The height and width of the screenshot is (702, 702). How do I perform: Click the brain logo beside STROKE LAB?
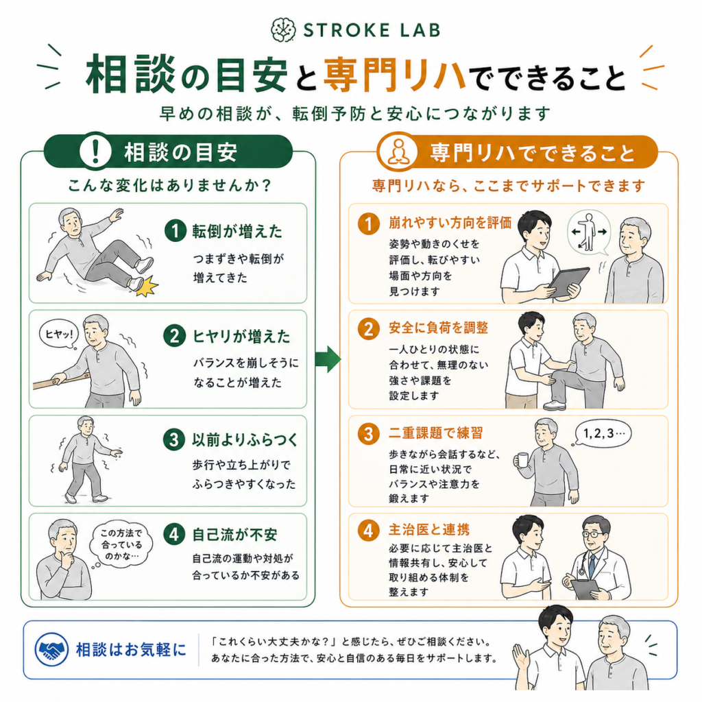coord(283,30)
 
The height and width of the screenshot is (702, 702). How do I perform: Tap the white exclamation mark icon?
coord(95,151)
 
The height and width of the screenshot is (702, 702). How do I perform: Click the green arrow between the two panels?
coord(328,359)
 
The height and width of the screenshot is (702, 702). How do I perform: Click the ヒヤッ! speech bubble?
coord(59,334)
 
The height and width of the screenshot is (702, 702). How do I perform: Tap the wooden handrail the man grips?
coord(60,380)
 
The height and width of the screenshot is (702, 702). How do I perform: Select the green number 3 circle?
coord(174,439)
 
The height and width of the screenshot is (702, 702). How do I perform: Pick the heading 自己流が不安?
coord(235,534)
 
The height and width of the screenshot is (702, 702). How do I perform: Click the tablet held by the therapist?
coord(568,282)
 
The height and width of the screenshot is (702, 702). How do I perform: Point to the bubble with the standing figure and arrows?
coord(589,233)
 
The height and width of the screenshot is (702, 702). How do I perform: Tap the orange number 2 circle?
coord(368,329)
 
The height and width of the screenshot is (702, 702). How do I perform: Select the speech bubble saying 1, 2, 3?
coord(602,433)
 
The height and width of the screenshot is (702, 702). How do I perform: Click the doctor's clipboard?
coord(585,589)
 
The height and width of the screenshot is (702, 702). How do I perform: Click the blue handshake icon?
coord(52,650)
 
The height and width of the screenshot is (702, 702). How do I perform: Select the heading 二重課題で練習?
coord(435,433)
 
